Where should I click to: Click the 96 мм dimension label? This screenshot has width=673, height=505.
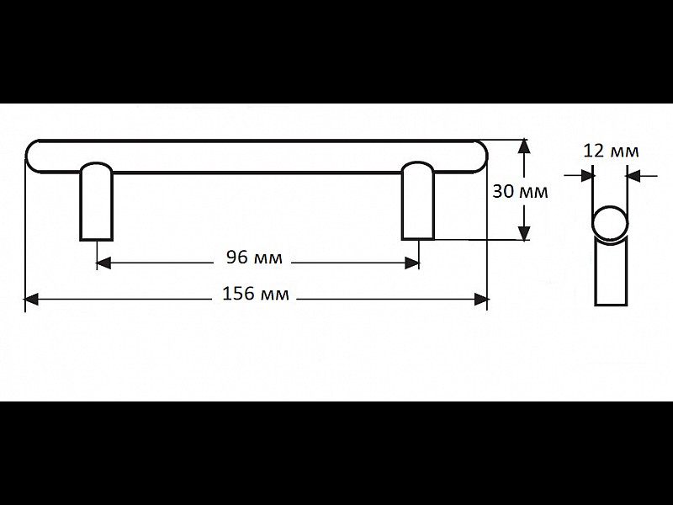(x=254, y=258)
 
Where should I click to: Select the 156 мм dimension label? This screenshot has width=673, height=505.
(x=256, y=294)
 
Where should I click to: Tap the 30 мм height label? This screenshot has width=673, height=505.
(x=520, y=192)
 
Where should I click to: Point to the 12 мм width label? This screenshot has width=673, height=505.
(x=612, y=151)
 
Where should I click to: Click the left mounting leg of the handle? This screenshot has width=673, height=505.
(x=96, y=201)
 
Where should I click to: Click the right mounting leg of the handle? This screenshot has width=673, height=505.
(x=417, y=200)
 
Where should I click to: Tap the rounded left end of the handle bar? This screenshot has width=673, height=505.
(x=32, y=157)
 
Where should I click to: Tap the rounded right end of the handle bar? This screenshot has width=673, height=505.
(x=480, y=157)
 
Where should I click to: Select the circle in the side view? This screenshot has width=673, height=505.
(x=611, y=223)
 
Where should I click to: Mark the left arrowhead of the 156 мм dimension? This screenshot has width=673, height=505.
(x=32, y=300)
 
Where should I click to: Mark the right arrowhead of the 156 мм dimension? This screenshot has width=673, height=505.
(x=481, y=300)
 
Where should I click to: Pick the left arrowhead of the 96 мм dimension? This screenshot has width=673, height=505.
(x=103, y=263)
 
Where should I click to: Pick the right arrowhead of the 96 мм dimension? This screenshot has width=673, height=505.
(x=412, y=263)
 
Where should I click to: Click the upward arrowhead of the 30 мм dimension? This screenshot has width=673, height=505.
(x=523, y=146)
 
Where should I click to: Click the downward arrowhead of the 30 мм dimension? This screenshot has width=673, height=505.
(x=523, y=233)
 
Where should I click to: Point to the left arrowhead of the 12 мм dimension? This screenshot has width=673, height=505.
(x=588, y=175)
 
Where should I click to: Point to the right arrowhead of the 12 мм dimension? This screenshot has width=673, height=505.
(x=633, y=175)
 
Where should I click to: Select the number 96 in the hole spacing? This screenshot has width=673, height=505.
(x=237, y=258)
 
